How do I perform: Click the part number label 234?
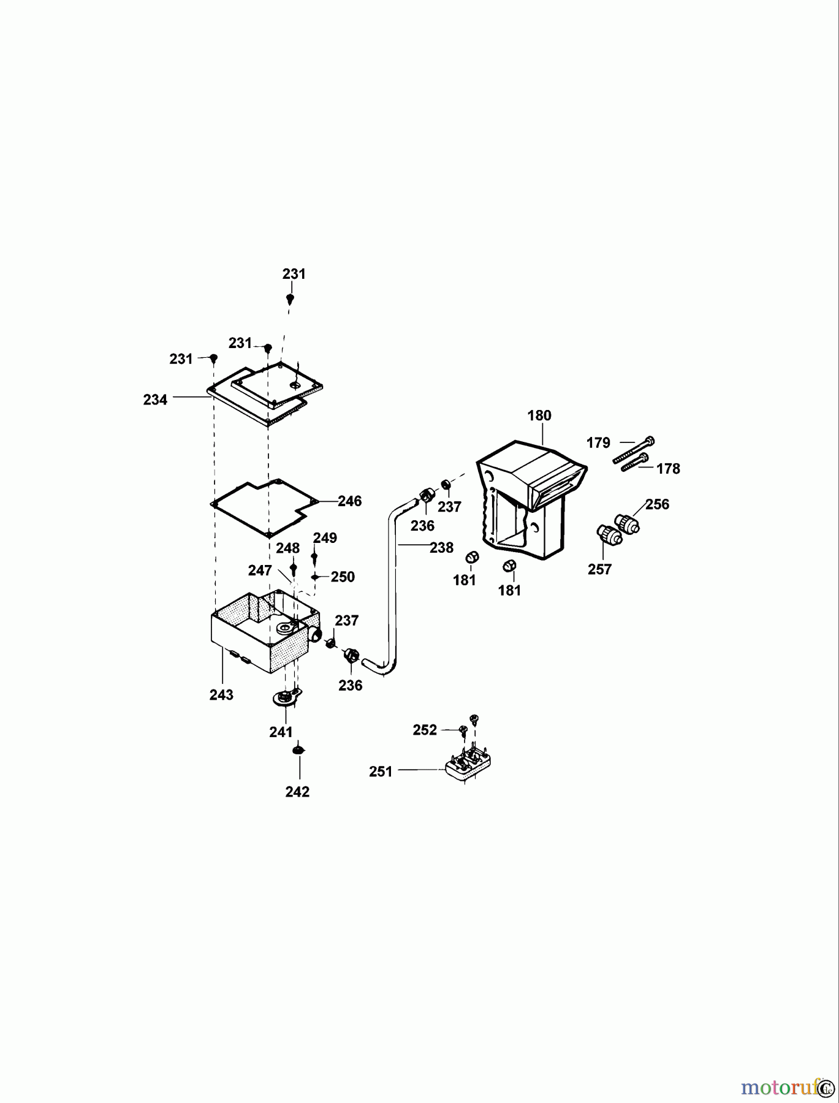(x=155, y=400)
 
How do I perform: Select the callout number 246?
(x=350, y=501)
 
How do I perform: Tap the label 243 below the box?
(x=221, y=695)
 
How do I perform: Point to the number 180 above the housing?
(x=539, y=415)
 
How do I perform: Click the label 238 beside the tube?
(x=441, y=548)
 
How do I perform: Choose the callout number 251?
(x=381, y=772)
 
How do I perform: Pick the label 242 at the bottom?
(x=297, y=792)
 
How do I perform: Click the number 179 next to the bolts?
(x=598, y=442)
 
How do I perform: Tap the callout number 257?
(x=599, y=570)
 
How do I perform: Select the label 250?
(x=343, y=577)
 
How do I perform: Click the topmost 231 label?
(x=294, y=275)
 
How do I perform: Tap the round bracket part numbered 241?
(x=286, y=699)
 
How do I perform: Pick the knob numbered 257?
(x=609, y=535)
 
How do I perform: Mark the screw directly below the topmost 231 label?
(x=290, y=299)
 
